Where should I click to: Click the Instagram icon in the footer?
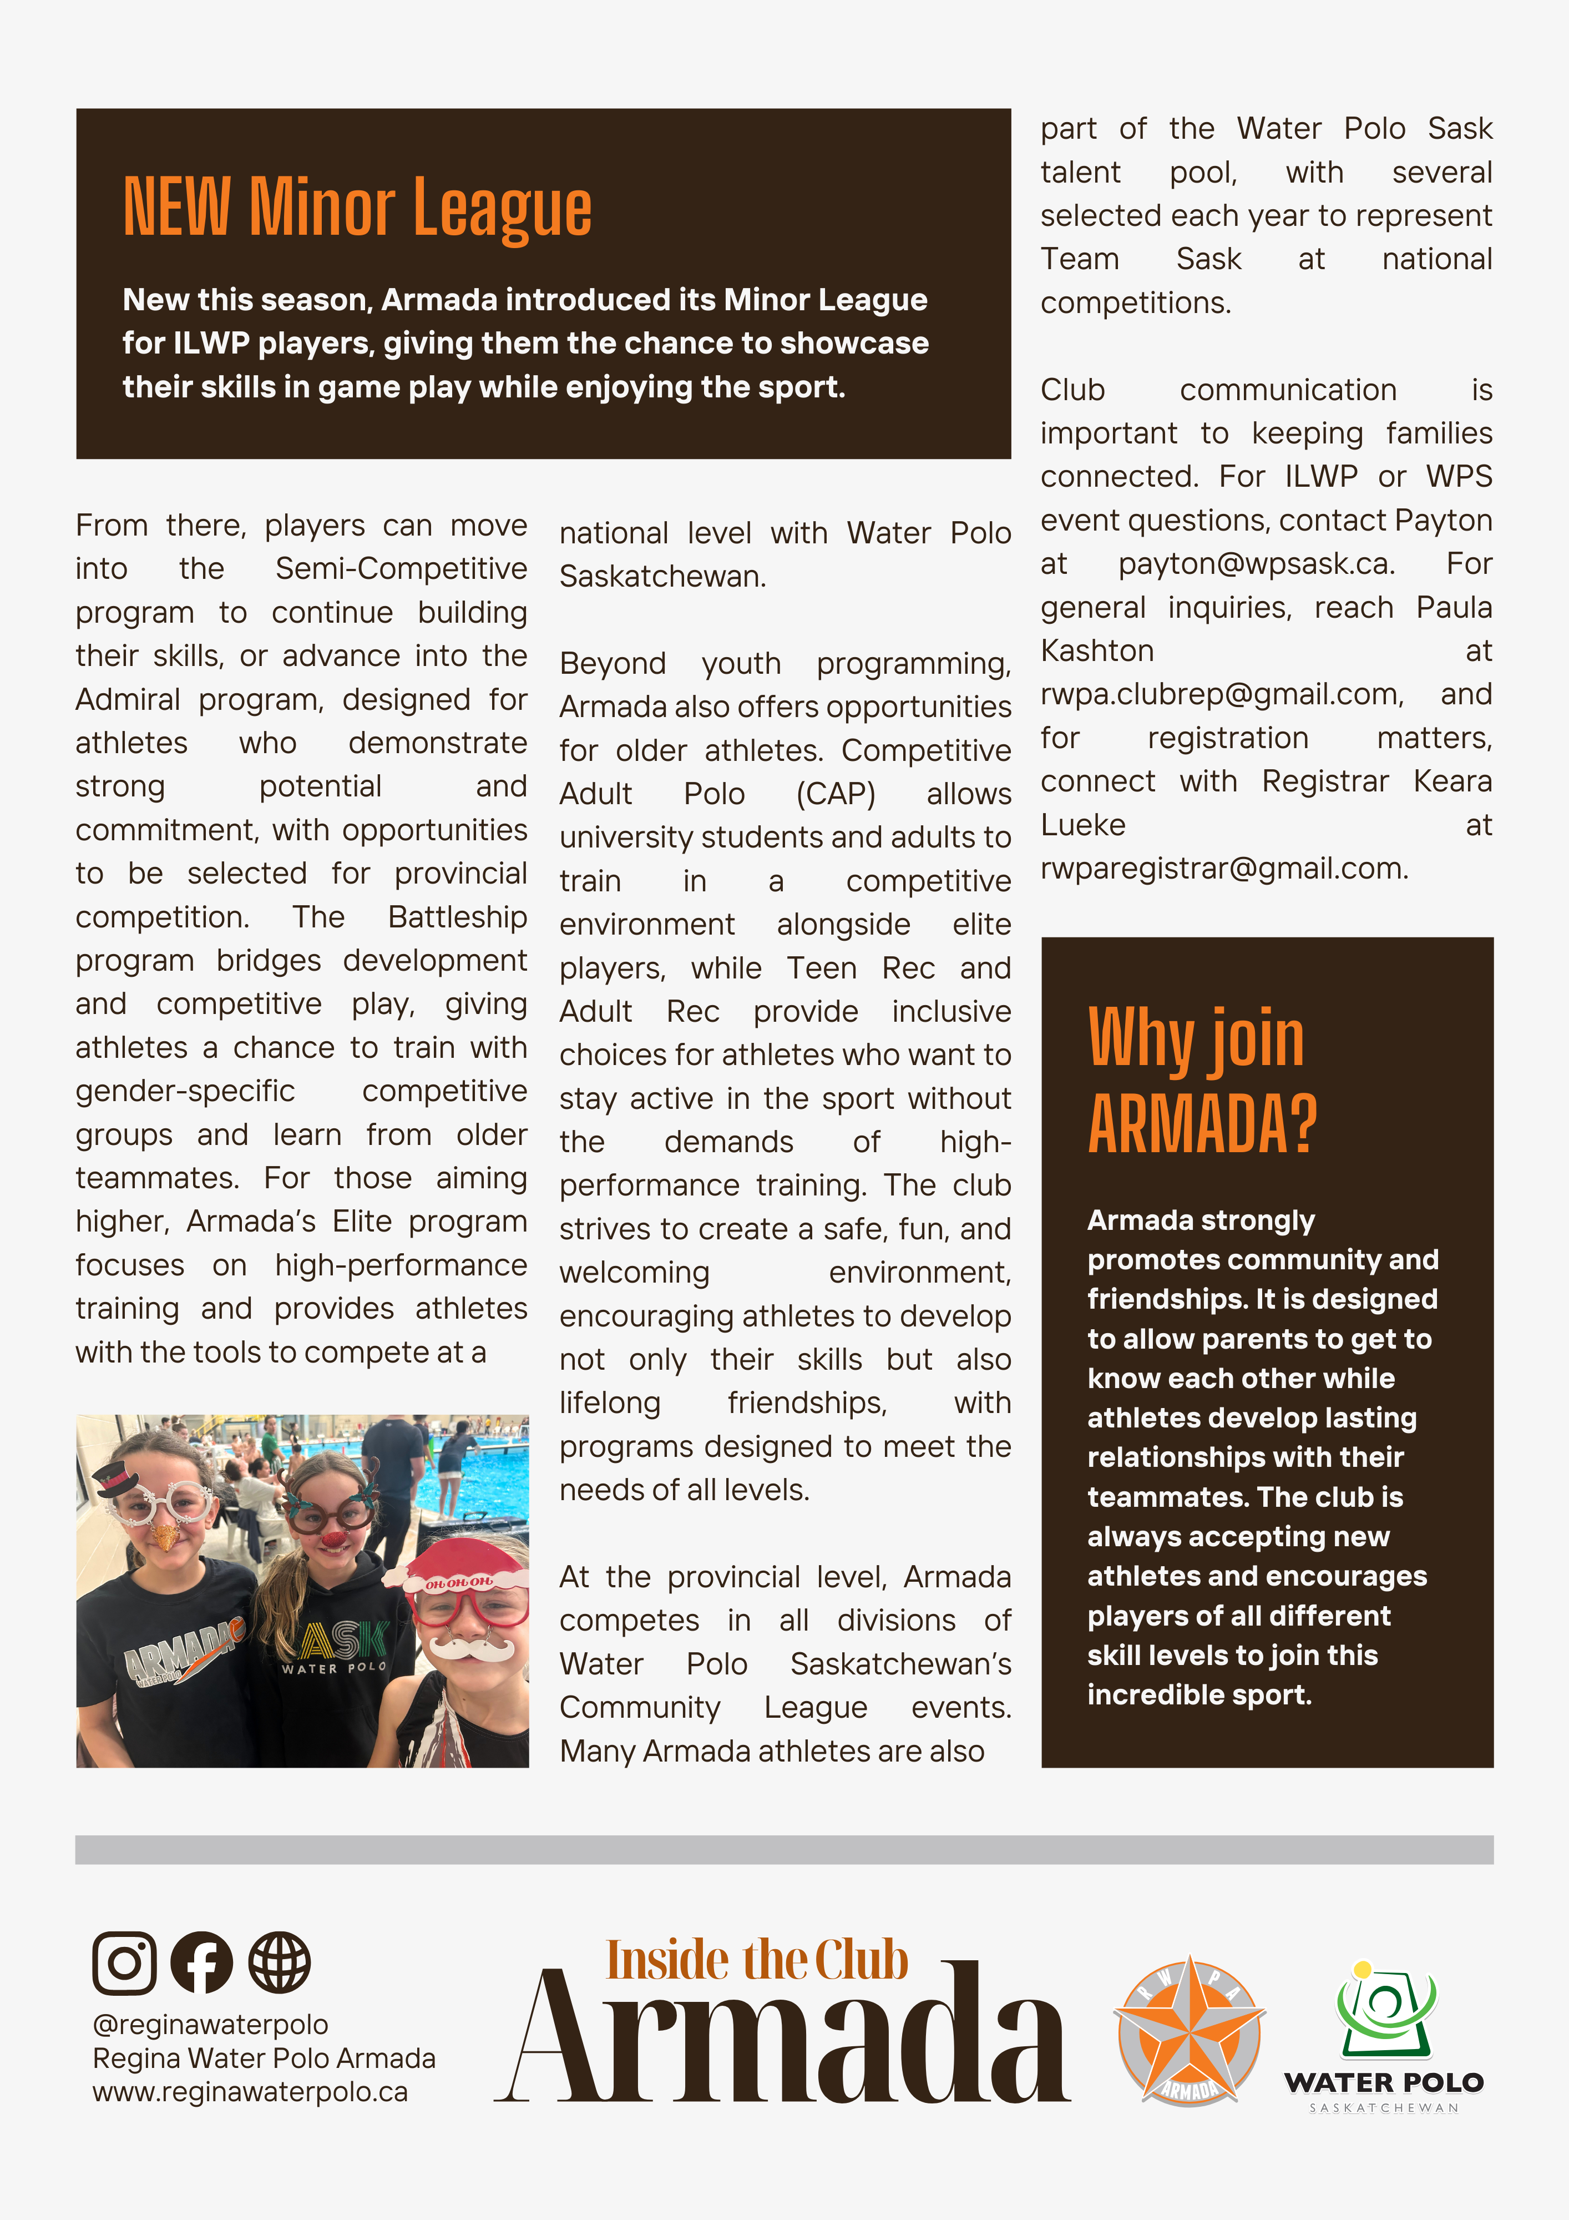[124, 1963]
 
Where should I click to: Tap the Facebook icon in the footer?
[201, 1963]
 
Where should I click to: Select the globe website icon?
[280, 1963]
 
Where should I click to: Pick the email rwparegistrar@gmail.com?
[1224, 868]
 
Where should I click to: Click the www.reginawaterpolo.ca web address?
[250, 2091]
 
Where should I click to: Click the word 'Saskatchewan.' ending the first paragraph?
[662, 576]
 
